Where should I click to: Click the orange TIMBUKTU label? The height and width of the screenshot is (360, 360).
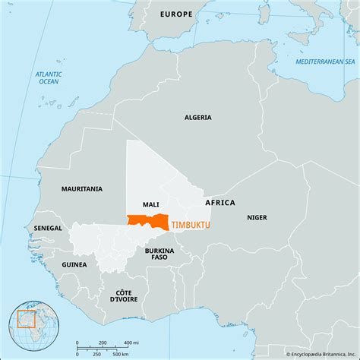coord(192,226)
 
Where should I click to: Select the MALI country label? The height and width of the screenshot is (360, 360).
coord(150,205)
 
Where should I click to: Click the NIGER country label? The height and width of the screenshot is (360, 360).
coord(257,217)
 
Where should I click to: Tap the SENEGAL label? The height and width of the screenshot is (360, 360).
coord(49,227)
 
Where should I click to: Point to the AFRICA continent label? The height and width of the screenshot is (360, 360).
coord(220,203)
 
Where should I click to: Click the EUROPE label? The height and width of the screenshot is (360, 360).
coord(176,14)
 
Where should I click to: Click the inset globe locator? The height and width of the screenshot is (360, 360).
coord(33,325)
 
